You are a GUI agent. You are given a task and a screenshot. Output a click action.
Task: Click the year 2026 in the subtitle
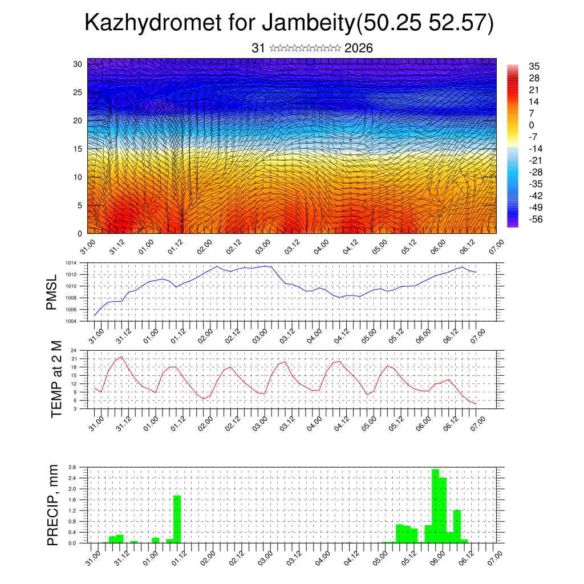point(359,48)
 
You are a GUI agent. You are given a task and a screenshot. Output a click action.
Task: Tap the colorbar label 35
point(534,66)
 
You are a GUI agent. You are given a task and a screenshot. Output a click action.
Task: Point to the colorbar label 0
point(532,125)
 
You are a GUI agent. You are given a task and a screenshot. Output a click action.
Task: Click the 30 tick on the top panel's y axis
point(78,64)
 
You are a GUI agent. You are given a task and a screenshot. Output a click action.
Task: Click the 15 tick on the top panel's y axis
point(78,149)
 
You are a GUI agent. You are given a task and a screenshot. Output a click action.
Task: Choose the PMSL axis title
point(52,292)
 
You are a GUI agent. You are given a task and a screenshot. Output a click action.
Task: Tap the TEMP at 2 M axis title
point(56,379)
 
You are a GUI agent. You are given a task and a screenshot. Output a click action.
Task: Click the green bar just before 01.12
point(177,519)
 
